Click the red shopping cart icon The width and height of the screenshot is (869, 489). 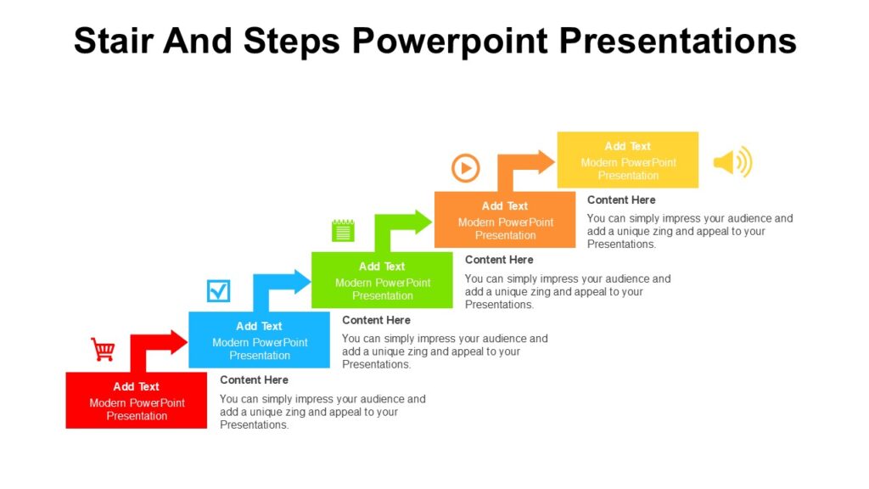tap(104, 349)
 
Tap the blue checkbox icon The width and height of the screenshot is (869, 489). tap(219, 291)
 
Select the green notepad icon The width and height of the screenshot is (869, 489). tap(343, 230)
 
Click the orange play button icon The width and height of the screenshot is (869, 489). tap(465, 168)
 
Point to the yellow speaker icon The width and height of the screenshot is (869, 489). tap(732, 162)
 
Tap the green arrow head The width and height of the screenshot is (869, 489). tap(423, 222)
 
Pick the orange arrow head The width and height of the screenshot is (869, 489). tap(546, 162)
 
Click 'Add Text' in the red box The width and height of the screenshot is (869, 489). tap(137, 387)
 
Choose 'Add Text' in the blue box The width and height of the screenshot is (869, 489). tap(259, 327)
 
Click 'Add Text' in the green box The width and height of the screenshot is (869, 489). tap(382, 267)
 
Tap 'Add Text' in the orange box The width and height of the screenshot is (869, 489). tap(505, 206)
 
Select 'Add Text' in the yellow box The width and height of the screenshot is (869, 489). tap(628, 147)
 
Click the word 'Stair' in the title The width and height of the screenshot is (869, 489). tap(115, 41)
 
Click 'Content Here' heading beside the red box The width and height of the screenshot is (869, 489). tap(254, 380)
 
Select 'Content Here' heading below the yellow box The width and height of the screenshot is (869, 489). tap(621, 200)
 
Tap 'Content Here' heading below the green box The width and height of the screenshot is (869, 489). tap(499, 260)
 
